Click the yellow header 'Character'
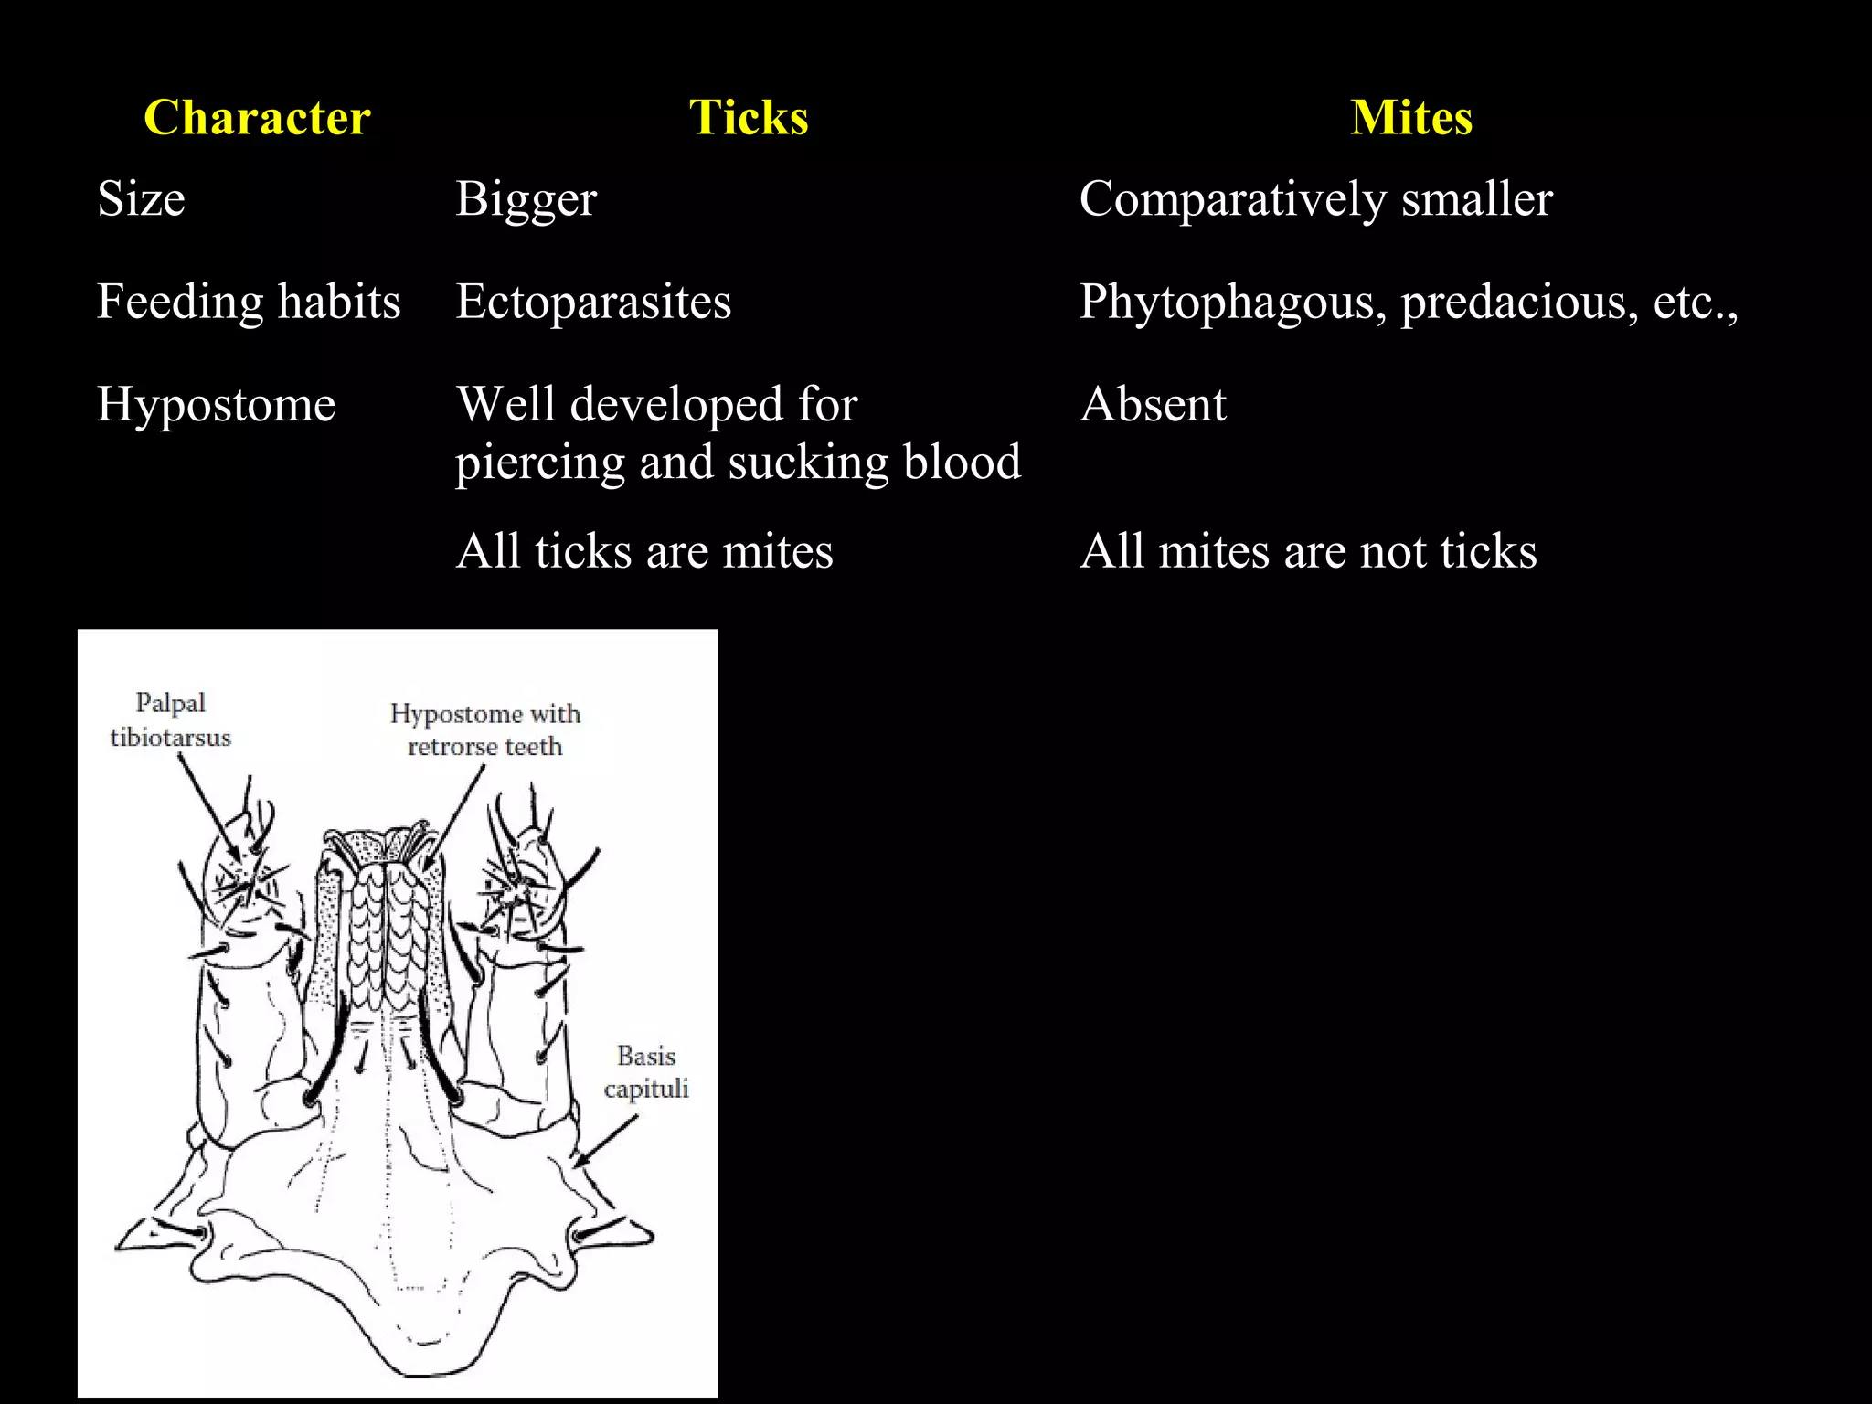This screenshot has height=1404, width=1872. tap(257, 118)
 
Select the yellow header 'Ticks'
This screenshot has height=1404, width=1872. tap(749, 118)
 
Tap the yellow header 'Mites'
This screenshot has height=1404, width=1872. tap(1411, 118)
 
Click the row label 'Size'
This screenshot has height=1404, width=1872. tap(141, 199)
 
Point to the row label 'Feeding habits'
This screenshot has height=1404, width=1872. tap(249, 302)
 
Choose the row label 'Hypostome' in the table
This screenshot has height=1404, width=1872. tap(216, 404)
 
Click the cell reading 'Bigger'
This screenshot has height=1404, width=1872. tap(526, 199)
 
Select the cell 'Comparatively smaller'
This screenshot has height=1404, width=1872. tap(1315, 199)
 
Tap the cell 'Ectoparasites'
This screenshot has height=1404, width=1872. tap(593, 302)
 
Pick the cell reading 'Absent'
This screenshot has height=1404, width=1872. tap(1153, 404)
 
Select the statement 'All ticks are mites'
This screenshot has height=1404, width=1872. tap(644, 551)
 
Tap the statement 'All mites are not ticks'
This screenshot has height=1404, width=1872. tap(1308, 551)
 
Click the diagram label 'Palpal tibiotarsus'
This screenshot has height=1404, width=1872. tap(170, 720)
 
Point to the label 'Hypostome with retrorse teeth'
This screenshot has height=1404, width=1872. tap(484, 729)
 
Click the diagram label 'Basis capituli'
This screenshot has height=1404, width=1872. tap(646, 1072)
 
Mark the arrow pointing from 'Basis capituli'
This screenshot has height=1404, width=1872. tap(605, 1141)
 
